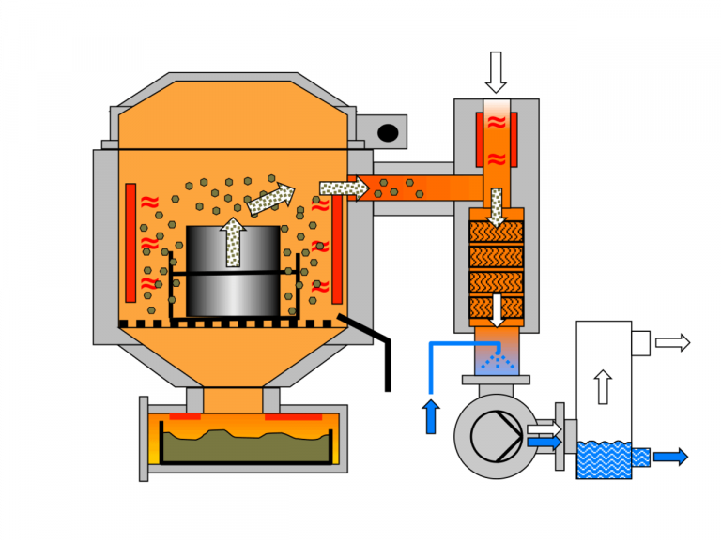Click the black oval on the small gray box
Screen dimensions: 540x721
(x=387, y=133)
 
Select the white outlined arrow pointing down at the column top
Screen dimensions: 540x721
(x=496, y=71)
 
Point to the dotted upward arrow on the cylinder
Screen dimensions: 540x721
(x=232, y=242)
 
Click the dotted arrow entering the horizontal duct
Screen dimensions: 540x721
(x=343, y=188)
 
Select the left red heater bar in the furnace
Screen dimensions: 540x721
(x=130, y=238)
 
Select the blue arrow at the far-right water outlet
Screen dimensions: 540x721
(x=670, y=457)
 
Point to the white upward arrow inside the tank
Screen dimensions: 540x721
(x=604, y=385)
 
